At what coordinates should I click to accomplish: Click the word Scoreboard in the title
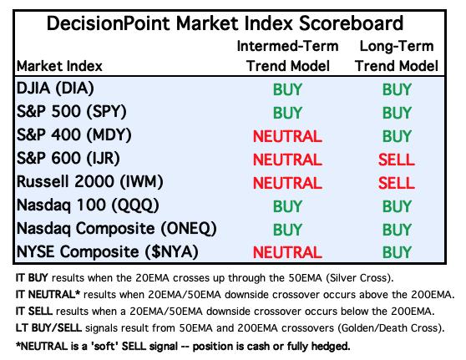click(351, 23)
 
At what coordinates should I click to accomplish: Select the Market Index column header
click(59, 66)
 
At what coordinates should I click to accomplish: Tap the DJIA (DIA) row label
click(55, 89)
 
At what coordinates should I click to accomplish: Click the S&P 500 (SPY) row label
click(72, 111)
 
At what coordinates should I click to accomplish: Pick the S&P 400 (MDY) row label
click(74, 134)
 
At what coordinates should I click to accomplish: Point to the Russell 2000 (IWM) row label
click(89, 181)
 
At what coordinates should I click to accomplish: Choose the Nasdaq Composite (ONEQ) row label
click(117, 229)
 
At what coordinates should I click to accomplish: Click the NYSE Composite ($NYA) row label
click(107, 251)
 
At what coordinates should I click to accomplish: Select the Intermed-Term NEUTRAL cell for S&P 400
click(287, 136)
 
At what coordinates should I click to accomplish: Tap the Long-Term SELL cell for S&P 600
click(397, 160)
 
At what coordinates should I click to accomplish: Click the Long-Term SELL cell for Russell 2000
click(397, 183)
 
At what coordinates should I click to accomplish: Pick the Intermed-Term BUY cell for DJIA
click(287, 89)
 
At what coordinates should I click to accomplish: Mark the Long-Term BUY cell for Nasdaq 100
click(397, 206)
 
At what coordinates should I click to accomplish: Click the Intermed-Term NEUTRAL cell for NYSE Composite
click(287, 252)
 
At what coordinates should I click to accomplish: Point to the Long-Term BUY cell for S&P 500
click(397, 113)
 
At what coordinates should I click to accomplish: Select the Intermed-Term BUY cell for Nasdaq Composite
click(287, 230)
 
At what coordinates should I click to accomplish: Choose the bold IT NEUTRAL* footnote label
click(48, 295)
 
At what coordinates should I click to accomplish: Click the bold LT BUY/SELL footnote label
click(48, 328)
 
